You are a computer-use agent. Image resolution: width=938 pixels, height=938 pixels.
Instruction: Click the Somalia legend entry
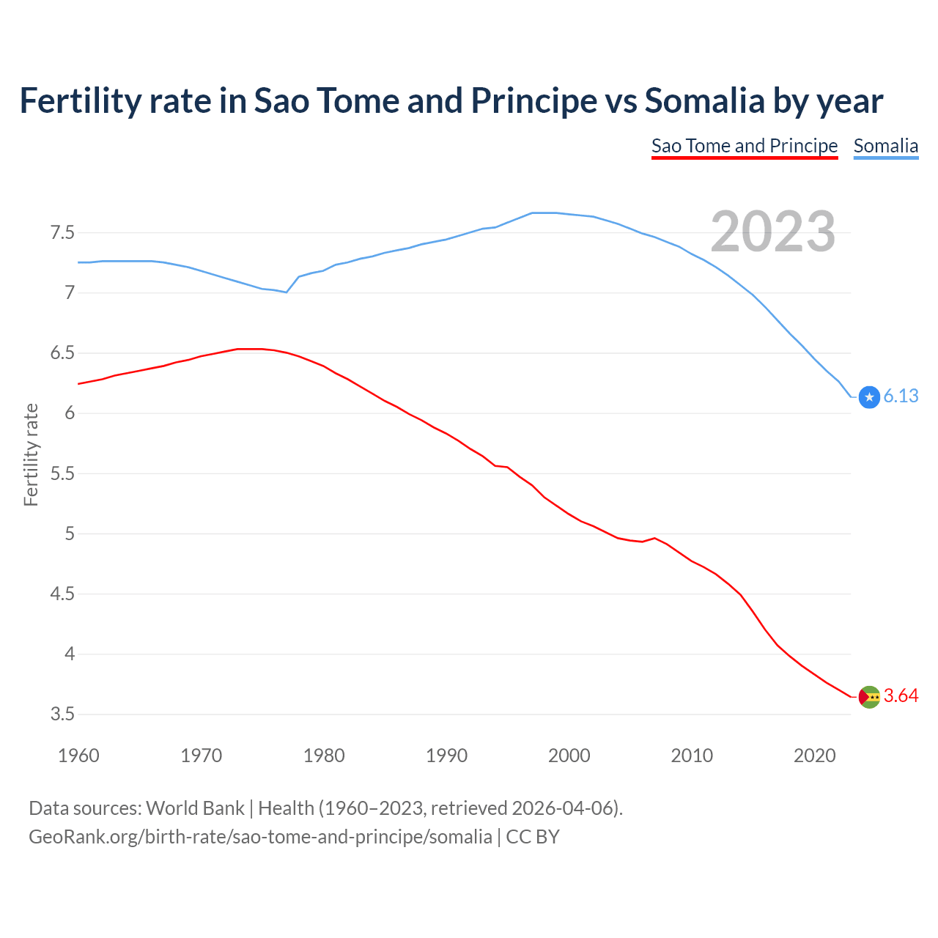[885, 146]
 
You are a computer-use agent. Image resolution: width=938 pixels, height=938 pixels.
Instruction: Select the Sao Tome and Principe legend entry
[744, 146]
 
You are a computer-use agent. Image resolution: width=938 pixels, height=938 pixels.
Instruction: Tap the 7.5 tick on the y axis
[62, 233]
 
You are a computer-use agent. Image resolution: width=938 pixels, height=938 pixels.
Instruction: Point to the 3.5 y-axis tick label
[62, 714]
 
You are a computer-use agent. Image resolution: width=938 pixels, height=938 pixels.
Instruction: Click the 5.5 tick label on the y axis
[62, 474]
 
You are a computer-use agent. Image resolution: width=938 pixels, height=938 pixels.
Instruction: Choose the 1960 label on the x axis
[78, 756]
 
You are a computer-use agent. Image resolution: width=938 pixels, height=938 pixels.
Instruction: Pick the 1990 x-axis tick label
[446, 756]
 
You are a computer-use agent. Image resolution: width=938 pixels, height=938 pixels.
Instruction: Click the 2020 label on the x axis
[814, 756]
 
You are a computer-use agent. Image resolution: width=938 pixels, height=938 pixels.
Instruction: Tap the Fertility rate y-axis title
[31, 454]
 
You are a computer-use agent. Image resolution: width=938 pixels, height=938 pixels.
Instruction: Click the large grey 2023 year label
[772, 232]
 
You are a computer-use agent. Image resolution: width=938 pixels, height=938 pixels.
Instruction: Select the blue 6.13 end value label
[901, 396]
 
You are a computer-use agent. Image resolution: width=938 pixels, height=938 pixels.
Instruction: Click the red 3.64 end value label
[901, 696]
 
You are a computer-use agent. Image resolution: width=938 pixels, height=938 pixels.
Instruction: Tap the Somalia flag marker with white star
[869, 397]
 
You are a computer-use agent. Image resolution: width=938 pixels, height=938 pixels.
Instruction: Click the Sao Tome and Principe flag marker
[869, 697]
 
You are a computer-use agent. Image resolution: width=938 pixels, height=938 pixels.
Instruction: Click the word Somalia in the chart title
[704, 101]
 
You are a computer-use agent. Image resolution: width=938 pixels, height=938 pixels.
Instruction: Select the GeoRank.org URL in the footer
[260, 837]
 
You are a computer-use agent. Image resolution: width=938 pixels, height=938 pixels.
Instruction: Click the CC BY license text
[533, 837]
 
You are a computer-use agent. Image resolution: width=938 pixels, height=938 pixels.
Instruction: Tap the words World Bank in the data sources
[195, 808]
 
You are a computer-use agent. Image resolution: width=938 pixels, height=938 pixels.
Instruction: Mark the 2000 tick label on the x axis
[569, 756]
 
